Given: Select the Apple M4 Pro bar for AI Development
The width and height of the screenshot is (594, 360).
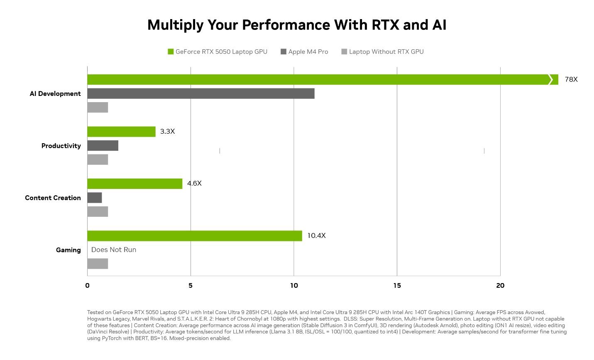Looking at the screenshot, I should pyautogui.click(x=201, y=93).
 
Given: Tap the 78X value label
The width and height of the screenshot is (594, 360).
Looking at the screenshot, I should pyautogui.click(x=571, y=79).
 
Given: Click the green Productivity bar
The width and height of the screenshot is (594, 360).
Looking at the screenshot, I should pyautogui.click(x=121, y=132).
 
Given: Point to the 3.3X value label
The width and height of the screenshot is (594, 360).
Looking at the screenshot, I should pyautogui.click(x=167, y=132).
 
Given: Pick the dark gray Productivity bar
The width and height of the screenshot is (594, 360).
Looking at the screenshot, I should pyautogui.click(x=103, y=146).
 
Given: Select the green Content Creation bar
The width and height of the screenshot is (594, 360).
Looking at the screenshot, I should pyautogui.click(x=134, y=184).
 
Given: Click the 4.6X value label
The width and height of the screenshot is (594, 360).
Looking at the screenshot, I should pyautogui.click(x=194, y=184).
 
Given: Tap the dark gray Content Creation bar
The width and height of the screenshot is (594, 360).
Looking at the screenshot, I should pyautogui.click(x=95, y=198).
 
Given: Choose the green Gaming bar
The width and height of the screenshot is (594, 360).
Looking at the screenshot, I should pyautogui.click(x=195, y=236).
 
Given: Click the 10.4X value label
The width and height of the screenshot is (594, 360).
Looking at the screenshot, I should pyautogui.click(x=316, y=236).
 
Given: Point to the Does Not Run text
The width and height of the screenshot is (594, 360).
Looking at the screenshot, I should pyautogui.click(x=114, y=250).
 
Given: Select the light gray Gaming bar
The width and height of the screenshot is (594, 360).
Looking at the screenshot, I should pyautogui.click(x=98, y=264).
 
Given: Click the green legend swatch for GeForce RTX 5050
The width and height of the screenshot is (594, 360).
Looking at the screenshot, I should pyautogui.click(x=171, y=52).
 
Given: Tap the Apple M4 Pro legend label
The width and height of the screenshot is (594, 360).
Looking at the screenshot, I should pyautogui.click(x=308, y=52).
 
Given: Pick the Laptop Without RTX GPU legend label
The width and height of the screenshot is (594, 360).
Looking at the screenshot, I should pyautogui.click(x=386, y=52).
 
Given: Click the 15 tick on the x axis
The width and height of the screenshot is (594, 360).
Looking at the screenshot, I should pyautogui.click(x=397, y=286).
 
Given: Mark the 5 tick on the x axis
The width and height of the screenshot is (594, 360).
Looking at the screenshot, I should pyautogui.click(x=191, y=286).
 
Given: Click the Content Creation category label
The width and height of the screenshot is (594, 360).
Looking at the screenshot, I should pyautogui.click(x=53, y=198).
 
